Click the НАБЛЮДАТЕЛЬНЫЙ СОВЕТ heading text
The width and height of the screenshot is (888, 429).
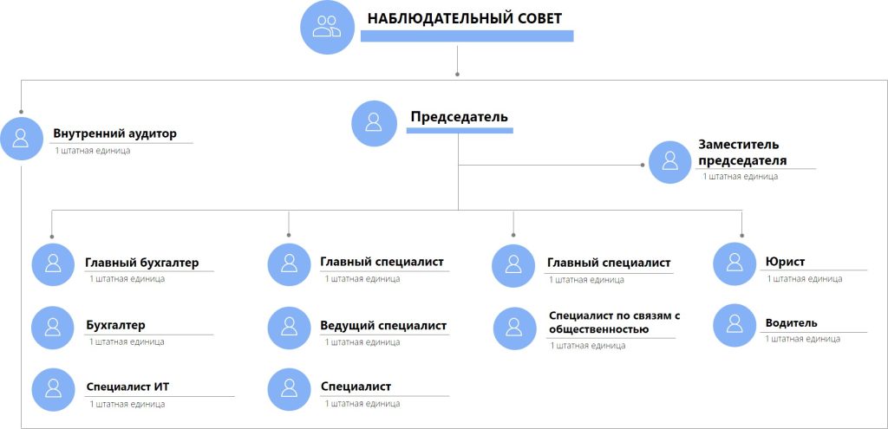pyautogui.click(x=465, y=18)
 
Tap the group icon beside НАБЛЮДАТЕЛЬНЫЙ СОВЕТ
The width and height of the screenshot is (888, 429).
pyautogui.click(x=327, y=27)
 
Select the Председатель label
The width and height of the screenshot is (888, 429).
pyautogui.click(x=460, y=117)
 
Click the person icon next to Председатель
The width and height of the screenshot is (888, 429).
pyautogui.click(x=373, y=122)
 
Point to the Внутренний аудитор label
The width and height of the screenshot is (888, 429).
pyautogui.click(x=115, y=134)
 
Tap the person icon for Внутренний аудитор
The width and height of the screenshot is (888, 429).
pyautogui.click(x=21, y=138)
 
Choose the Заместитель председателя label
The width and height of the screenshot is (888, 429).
pyautogui.click(x=742, y=153)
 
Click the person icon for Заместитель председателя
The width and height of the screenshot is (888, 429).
pyautogui.click(x=670, y=162)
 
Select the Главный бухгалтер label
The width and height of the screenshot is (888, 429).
pyautogui.click(x=142, y=263)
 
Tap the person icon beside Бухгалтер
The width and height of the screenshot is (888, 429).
pyautogui.click(x=53, y=327)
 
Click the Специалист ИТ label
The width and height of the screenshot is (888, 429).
pyautogui.click(x=128, y=387)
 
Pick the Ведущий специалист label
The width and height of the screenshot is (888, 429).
pyautogui.click(x=383, y=325)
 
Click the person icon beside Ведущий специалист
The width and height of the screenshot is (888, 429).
pyautogui.click(x=289, y=328)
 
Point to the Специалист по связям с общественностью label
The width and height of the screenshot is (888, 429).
pyautogui.click(x=613, y=322)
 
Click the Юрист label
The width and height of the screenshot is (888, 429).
pyautogui.click(x=785, y=262)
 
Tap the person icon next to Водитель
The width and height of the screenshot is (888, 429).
pyautogui.click(x=735, y=325)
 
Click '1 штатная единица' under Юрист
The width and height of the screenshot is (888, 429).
pyautogui.click(x=805, y=278)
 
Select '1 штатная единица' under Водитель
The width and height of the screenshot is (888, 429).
pyautogui.click(x=802, y=339)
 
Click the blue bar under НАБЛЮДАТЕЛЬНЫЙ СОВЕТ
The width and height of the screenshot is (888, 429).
pyautogui.click(x=467, y=36)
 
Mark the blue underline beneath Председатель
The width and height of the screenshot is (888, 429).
pyautogui.click(x=460, y=130)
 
